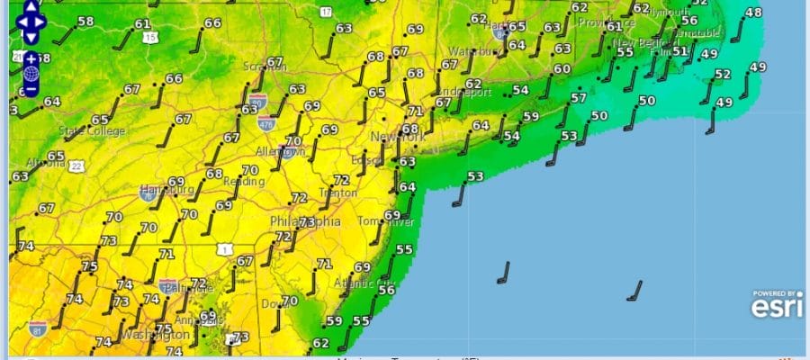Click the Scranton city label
point(264,67)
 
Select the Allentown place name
point(280,152)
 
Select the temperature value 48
point(753,13)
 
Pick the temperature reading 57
point(578,97)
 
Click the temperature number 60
point(562,68)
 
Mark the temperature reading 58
point(85,21)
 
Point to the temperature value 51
point(680,51)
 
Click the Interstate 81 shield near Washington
point(37,328)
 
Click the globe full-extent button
point(30,75)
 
